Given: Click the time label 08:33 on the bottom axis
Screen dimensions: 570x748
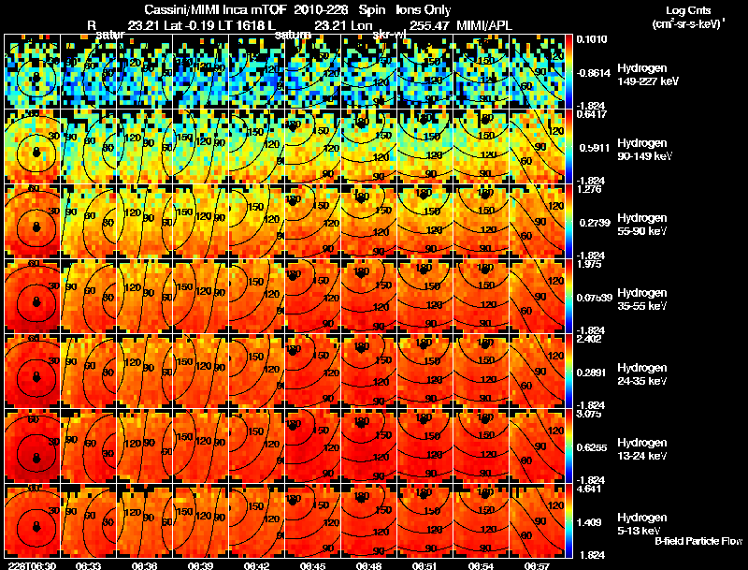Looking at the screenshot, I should [88, 564].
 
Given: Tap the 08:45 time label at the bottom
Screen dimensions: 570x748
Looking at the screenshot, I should [313, 564].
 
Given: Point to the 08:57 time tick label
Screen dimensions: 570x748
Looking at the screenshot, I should [538, 564].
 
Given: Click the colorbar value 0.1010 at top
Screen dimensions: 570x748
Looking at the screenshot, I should [591, 39].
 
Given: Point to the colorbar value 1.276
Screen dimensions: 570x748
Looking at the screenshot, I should [589, 190].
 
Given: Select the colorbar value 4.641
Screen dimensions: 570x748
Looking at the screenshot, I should [589, 489].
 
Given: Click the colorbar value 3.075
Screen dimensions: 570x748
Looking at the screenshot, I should [589, 414].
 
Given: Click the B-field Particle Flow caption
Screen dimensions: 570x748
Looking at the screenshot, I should [698, 541].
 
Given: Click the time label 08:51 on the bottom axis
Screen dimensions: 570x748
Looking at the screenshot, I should [425, 564].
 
